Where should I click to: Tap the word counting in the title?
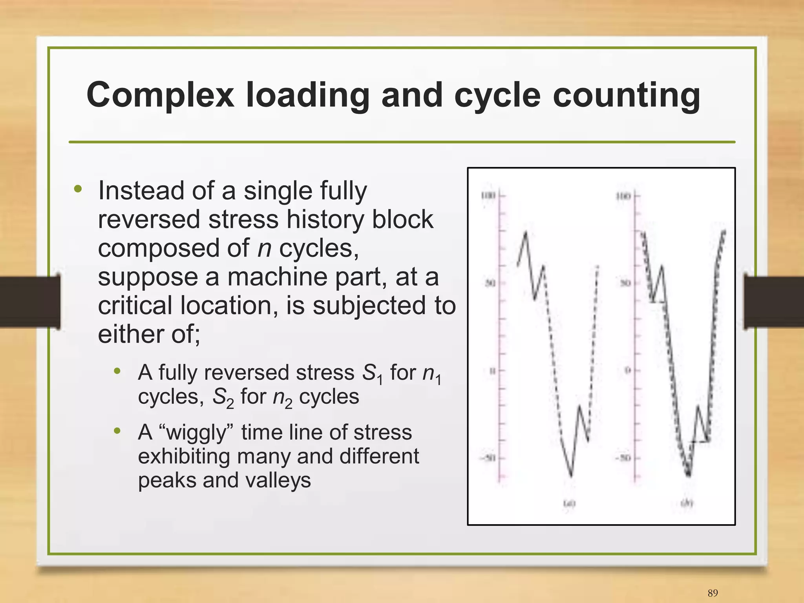click(626, 95)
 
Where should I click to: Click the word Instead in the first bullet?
click(141, 191)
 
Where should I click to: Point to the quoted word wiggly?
click(197, 433)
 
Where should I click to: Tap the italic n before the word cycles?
click(264, 248)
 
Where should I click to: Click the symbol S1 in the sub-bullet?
click(372, 373)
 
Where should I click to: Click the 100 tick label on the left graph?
click(488, 195)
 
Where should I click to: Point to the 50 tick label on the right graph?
click(625, 283)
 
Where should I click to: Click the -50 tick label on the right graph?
click(623, 458)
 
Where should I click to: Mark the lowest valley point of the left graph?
click(572, 476)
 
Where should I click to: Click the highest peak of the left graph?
click(526, 233)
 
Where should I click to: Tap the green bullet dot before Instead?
click(78, 189)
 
